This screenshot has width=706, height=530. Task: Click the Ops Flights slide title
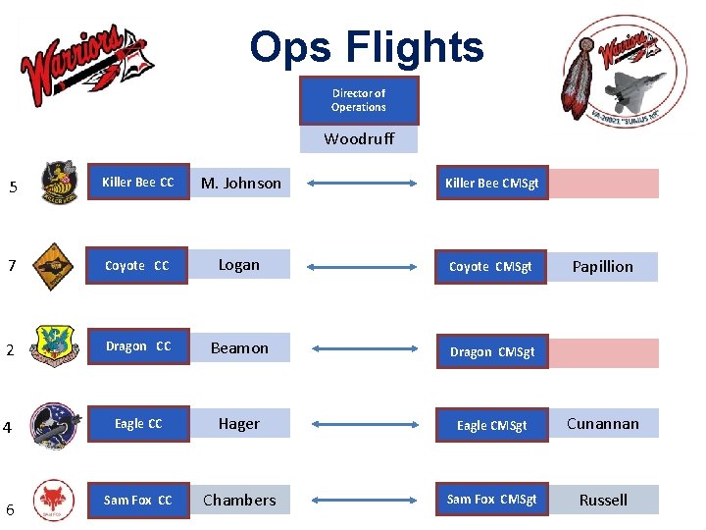point(366,47)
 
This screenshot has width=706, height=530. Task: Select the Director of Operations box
point(358,101)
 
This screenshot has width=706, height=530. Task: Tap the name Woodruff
point(359,139)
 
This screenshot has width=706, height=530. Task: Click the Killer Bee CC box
point(138,183)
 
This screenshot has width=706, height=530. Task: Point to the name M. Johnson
point(240,184)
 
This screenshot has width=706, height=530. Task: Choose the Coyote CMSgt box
point(490,267)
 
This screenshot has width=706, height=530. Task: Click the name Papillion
point(603,267)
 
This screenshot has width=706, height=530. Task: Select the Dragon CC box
point(138,346)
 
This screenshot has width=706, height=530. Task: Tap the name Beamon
point(240,348)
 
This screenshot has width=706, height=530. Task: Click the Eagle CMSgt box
point(491,425)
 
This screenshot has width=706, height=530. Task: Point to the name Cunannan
point(603,424)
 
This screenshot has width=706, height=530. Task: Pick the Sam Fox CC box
point(138,501)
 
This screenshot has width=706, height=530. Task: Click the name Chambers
point(240,501)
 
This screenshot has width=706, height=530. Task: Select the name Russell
point(603,501)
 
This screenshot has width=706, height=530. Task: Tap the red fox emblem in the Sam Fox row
point(52,498)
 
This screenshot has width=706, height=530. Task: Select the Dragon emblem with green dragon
point(53,346)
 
